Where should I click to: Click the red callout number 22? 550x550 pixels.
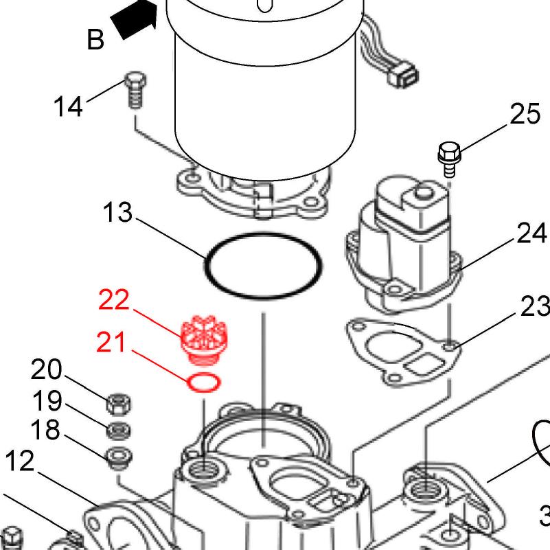[x=114, y=299]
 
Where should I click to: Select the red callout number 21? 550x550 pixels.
[x=111, y=342]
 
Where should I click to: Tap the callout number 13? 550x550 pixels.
[x=118, y=212]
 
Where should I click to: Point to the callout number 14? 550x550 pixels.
[x=69, y=106]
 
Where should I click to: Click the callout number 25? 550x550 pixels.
[x=525, y=114]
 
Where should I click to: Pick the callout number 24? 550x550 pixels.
[x=531, y=233]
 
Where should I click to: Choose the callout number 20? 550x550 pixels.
[x=46, y=369]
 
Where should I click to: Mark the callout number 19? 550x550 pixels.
[x=47, y=400]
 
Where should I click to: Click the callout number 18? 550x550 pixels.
[x=45, y=429]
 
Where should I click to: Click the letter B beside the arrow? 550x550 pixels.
[x=95, y=39]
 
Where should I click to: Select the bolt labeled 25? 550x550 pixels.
[x=449, y=159]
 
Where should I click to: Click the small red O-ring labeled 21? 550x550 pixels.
[x=204, y=382]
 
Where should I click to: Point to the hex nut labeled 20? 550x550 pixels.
[x=119, y=403]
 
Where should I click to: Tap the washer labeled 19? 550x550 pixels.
[x=119, y=431]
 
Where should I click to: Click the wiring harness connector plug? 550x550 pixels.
[x=403, y=75]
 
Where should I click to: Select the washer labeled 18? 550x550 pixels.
[x=119, y=457]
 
